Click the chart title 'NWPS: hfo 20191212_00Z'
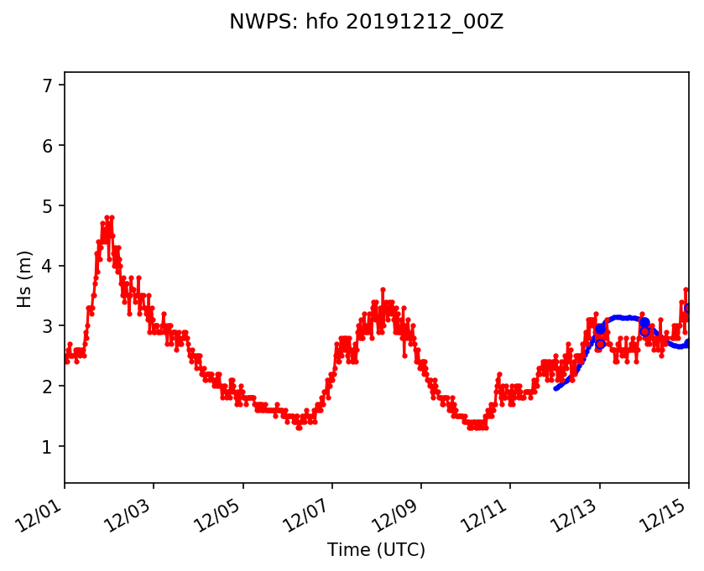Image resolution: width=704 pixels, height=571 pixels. pos(366,23)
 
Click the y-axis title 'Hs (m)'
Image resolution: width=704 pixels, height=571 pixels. pos(25,278)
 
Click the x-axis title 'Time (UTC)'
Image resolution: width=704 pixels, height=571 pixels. pos(377,550)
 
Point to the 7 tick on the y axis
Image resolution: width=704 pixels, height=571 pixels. pos(48,86)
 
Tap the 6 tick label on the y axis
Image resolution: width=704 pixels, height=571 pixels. pos(48,146)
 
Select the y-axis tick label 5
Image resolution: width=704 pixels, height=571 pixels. pos(48,206)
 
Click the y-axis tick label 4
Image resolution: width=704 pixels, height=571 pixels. pos(48,267)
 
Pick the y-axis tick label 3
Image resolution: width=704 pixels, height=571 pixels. pos(48,326)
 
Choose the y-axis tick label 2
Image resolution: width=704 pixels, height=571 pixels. pos(48,387)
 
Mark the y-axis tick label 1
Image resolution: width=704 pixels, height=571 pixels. pos(48,447)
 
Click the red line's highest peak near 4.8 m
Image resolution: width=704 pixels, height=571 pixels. pos(107,217)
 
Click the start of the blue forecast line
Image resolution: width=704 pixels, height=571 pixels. pos(555,388)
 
